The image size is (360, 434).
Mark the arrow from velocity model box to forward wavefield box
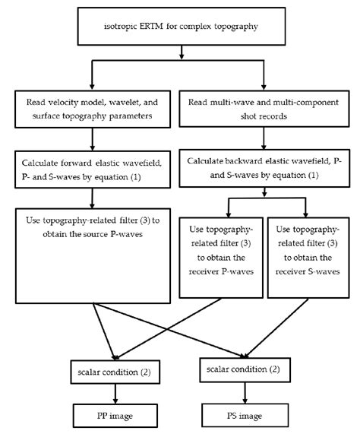tap(92, 136)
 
